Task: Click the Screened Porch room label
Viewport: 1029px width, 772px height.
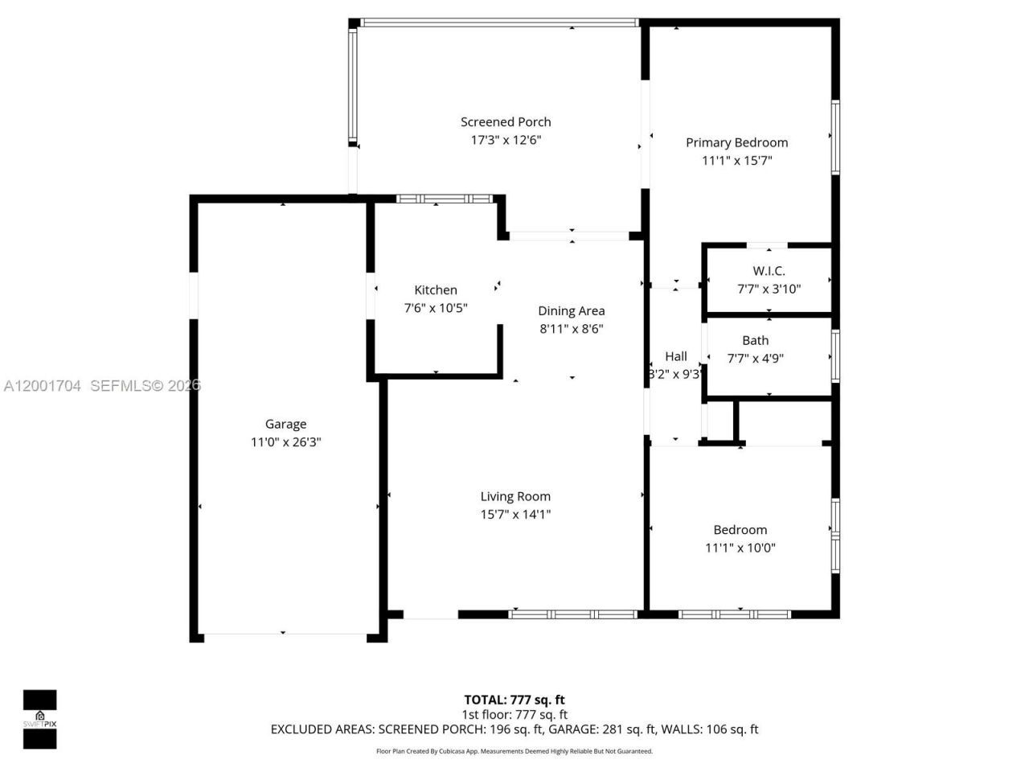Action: point(506,122)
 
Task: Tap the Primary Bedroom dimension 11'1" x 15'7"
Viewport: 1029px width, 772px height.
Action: point(736,161)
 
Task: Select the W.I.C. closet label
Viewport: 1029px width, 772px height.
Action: point(769,271)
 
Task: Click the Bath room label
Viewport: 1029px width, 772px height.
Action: point(755,341)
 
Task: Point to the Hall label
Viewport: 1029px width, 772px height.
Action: point(675,356)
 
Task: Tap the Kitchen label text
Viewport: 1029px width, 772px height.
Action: point(436,290)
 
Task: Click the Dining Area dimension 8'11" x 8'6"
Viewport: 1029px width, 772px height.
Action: point(571,329)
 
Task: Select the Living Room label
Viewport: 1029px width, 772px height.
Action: point(515,497)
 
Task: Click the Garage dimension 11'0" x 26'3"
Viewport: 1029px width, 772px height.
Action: point(285,442)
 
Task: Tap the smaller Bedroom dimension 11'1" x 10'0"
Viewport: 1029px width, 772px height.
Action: point(740,548)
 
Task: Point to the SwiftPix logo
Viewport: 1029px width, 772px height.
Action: point(39,719)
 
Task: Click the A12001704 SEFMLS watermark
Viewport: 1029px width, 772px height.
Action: point(101,386)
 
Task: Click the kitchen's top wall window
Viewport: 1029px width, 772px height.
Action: point(445,199)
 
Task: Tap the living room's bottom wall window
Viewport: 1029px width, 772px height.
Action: point(572,614)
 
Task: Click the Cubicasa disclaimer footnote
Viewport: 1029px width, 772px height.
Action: point(514,752)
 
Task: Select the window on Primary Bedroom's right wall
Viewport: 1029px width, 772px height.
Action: point(835,137)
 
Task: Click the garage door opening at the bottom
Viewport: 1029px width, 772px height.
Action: point(285,635)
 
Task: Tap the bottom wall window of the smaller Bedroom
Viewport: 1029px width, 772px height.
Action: point(734,614)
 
